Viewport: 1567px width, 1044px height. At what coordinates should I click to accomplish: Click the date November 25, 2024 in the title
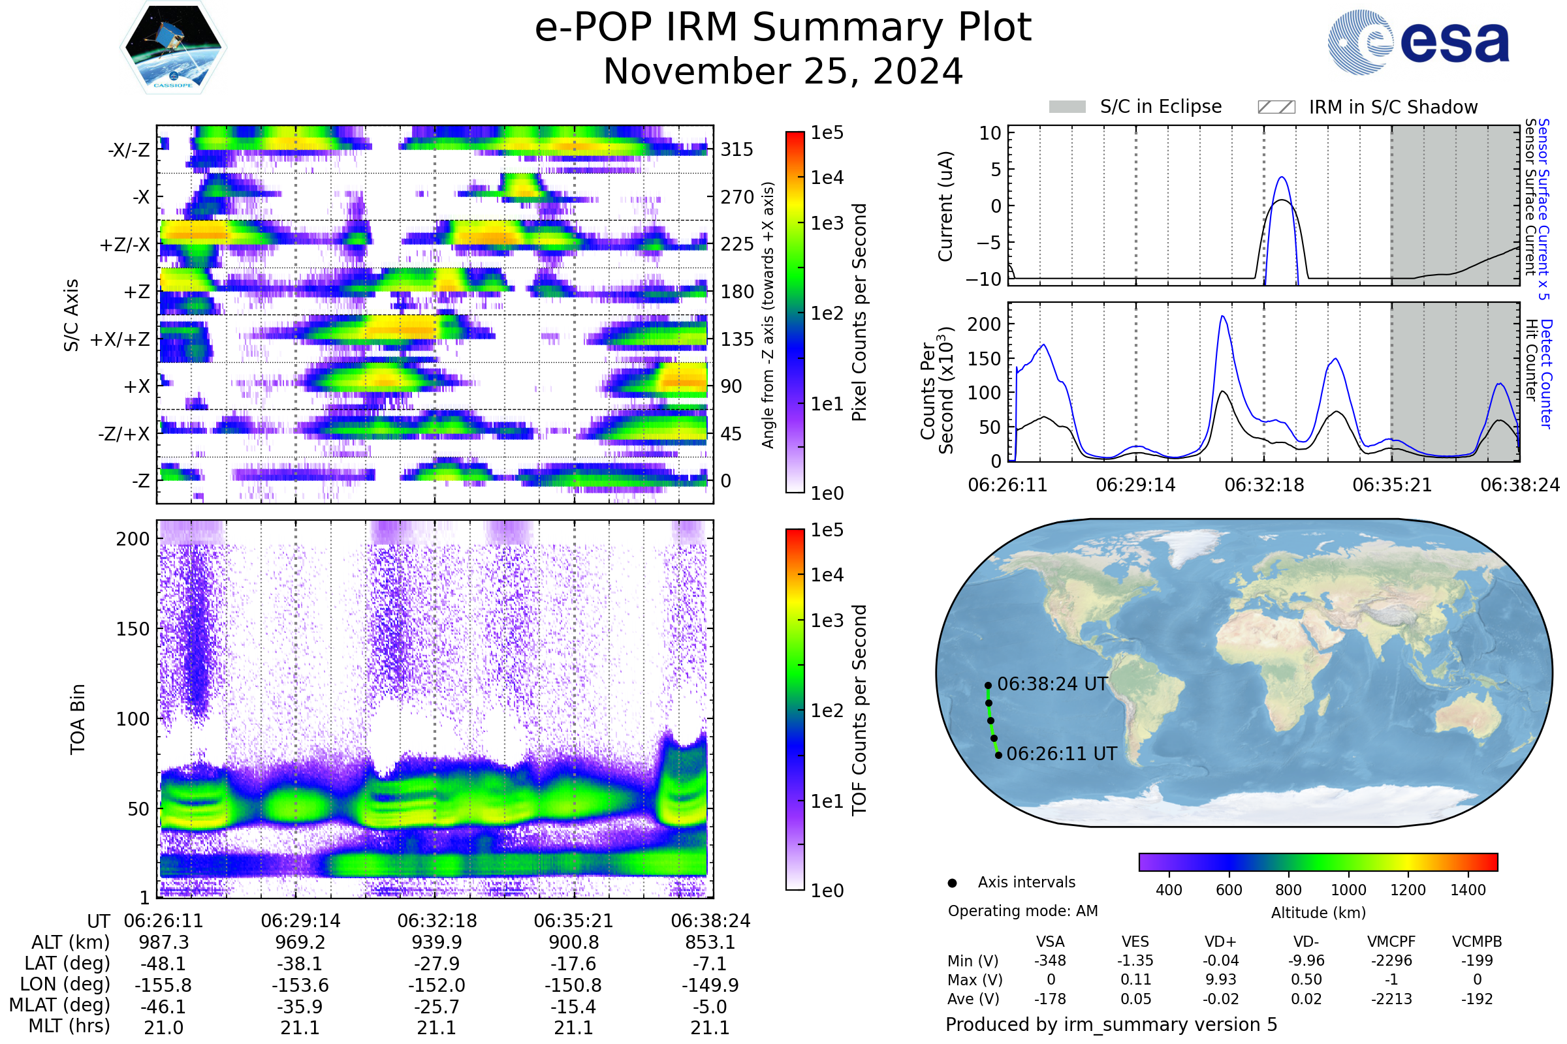coord(783,72)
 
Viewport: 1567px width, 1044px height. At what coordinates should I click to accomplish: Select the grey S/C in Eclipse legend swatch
coord(1067,107)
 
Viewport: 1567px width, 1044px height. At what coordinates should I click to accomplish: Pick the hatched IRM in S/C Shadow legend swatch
coord(1276,107)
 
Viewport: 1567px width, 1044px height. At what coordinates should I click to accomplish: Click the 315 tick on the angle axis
coord(737,150)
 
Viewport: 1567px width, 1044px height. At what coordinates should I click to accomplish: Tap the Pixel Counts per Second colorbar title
coord(859,312)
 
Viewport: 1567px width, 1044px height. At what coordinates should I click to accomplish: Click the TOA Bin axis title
coord(78,718)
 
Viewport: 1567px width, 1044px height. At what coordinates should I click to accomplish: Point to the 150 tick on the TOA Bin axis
coord(133,629)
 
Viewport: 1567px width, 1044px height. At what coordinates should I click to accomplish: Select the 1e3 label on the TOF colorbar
coord(827,621)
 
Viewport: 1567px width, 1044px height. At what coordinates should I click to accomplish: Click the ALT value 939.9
coord(436,942)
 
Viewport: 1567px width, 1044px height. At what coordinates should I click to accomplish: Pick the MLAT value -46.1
coord(163,1006)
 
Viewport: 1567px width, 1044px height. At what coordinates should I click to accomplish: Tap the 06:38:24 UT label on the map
coord(1052,684)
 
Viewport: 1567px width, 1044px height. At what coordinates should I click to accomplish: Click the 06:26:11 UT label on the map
coord(1062,754)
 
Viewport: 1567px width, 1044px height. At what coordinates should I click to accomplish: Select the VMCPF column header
coord(1391,942)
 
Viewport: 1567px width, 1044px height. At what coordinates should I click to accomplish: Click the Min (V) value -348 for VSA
coord(1050,960)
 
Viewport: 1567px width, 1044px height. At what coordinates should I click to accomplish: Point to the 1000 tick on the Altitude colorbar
coord(1348,890)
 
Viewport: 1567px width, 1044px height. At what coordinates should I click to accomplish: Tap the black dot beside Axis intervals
coord(952,883)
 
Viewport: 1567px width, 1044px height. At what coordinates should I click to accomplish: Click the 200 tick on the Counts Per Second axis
coord(984,324)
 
